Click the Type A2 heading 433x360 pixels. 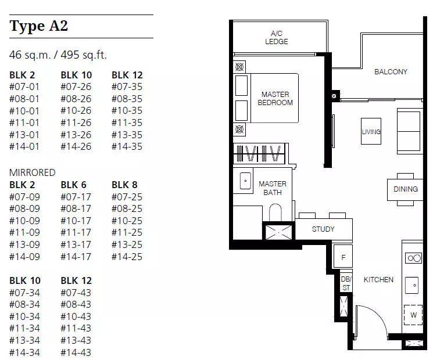(39, 26)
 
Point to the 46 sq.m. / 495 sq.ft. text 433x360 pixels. (58, 55)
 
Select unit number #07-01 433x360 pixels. (24, 87)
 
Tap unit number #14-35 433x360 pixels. (127, 146)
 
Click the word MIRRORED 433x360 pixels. (33, 172)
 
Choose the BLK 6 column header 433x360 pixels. (73, 185)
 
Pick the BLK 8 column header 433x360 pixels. (124, 185)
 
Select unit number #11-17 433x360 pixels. (76, 233)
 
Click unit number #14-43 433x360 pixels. (76, 352)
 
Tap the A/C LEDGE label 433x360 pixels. (277, 38)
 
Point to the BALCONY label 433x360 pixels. (391, 72)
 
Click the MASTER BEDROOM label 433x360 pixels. (275, 99)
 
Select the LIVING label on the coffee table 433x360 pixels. (371, 132)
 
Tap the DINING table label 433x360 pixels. (406, 189)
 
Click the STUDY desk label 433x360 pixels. (323, 229)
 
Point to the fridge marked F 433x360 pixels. (343, 256)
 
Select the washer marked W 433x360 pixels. (413, 315)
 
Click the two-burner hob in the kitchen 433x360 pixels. (414, 258)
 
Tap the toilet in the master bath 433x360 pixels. (275, 213)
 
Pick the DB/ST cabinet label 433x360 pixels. (346, 283)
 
